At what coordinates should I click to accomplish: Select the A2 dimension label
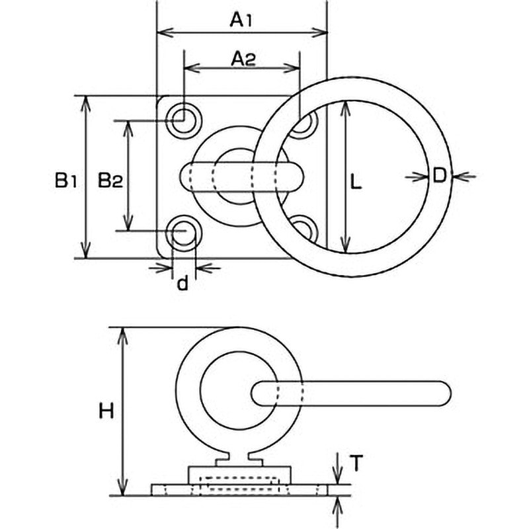pyautogui.click(x=243, y=59)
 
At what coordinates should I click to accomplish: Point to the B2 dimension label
pyautogui.click(x=110, y=180)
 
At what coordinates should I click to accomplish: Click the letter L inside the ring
pyautogui.click(x=355, y=182)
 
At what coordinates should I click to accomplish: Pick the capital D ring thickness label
pyautogui.click(x=440, y=176)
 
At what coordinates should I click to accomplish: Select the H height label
pyautogui.click(x=106, y=411)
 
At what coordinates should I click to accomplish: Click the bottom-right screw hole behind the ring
pyautogui.click(x=305, y=228)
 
